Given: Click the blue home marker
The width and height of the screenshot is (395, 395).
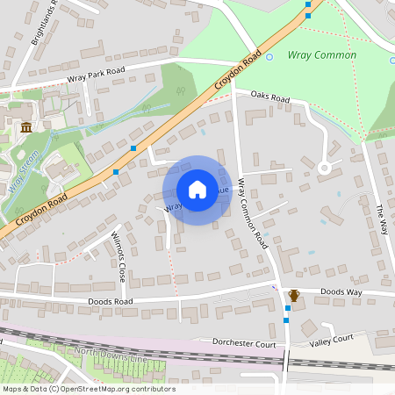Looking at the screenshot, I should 197,190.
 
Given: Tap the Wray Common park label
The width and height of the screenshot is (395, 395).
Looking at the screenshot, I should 322,55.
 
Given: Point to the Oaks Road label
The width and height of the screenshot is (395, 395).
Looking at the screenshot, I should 269,97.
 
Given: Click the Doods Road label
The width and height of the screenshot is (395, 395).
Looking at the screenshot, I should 111,301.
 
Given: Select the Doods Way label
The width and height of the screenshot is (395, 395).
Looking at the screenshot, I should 341,291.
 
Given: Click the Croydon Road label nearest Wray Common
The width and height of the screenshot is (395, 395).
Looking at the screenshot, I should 240,71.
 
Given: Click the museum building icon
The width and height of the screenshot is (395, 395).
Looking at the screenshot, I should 26,127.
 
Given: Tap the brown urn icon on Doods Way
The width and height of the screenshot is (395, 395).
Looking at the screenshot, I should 294,295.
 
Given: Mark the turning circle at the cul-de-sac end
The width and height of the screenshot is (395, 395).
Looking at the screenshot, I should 324,167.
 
